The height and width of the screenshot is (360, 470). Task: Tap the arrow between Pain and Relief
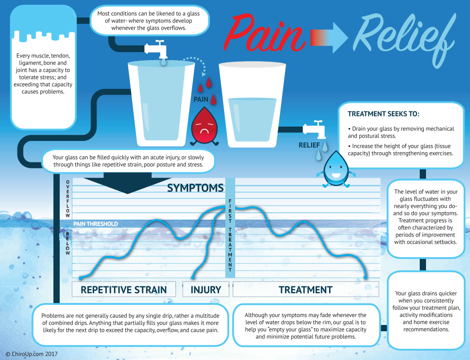[329, 37]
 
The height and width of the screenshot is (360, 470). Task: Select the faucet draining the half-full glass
[314, 129]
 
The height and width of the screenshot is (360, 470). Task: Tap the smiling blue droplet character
[336, 169]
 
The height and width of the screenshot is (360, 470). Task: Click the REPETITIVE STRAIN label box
[124, 289]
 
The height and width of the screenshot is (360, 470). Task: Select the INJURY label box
[206, 289]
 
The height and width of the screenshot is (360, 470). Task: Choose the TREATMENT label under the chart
[306, 289]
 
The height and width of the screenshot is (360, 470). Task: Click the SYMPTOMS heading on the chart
[195, 188]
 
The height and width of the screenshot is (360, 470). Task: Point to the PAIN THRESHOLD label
[96, 224]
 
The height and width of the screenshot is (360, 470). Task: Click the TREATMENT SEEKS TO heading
[383, 114]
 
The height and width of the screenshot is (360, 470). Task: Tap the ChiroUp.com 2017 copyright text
[31, 354]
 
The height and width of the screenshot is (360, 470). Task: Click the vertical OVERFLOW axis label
[68, 199]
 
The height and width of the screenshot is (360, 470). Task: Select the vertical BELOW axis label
[68, 243]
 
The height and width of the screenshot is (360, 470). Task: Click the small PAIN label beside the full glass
[201, 99]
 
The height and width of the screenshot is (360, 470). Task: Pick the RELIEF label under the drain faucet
[309, 145]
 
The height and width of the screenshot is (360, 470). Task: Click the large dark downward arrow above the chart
[127, 183]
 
